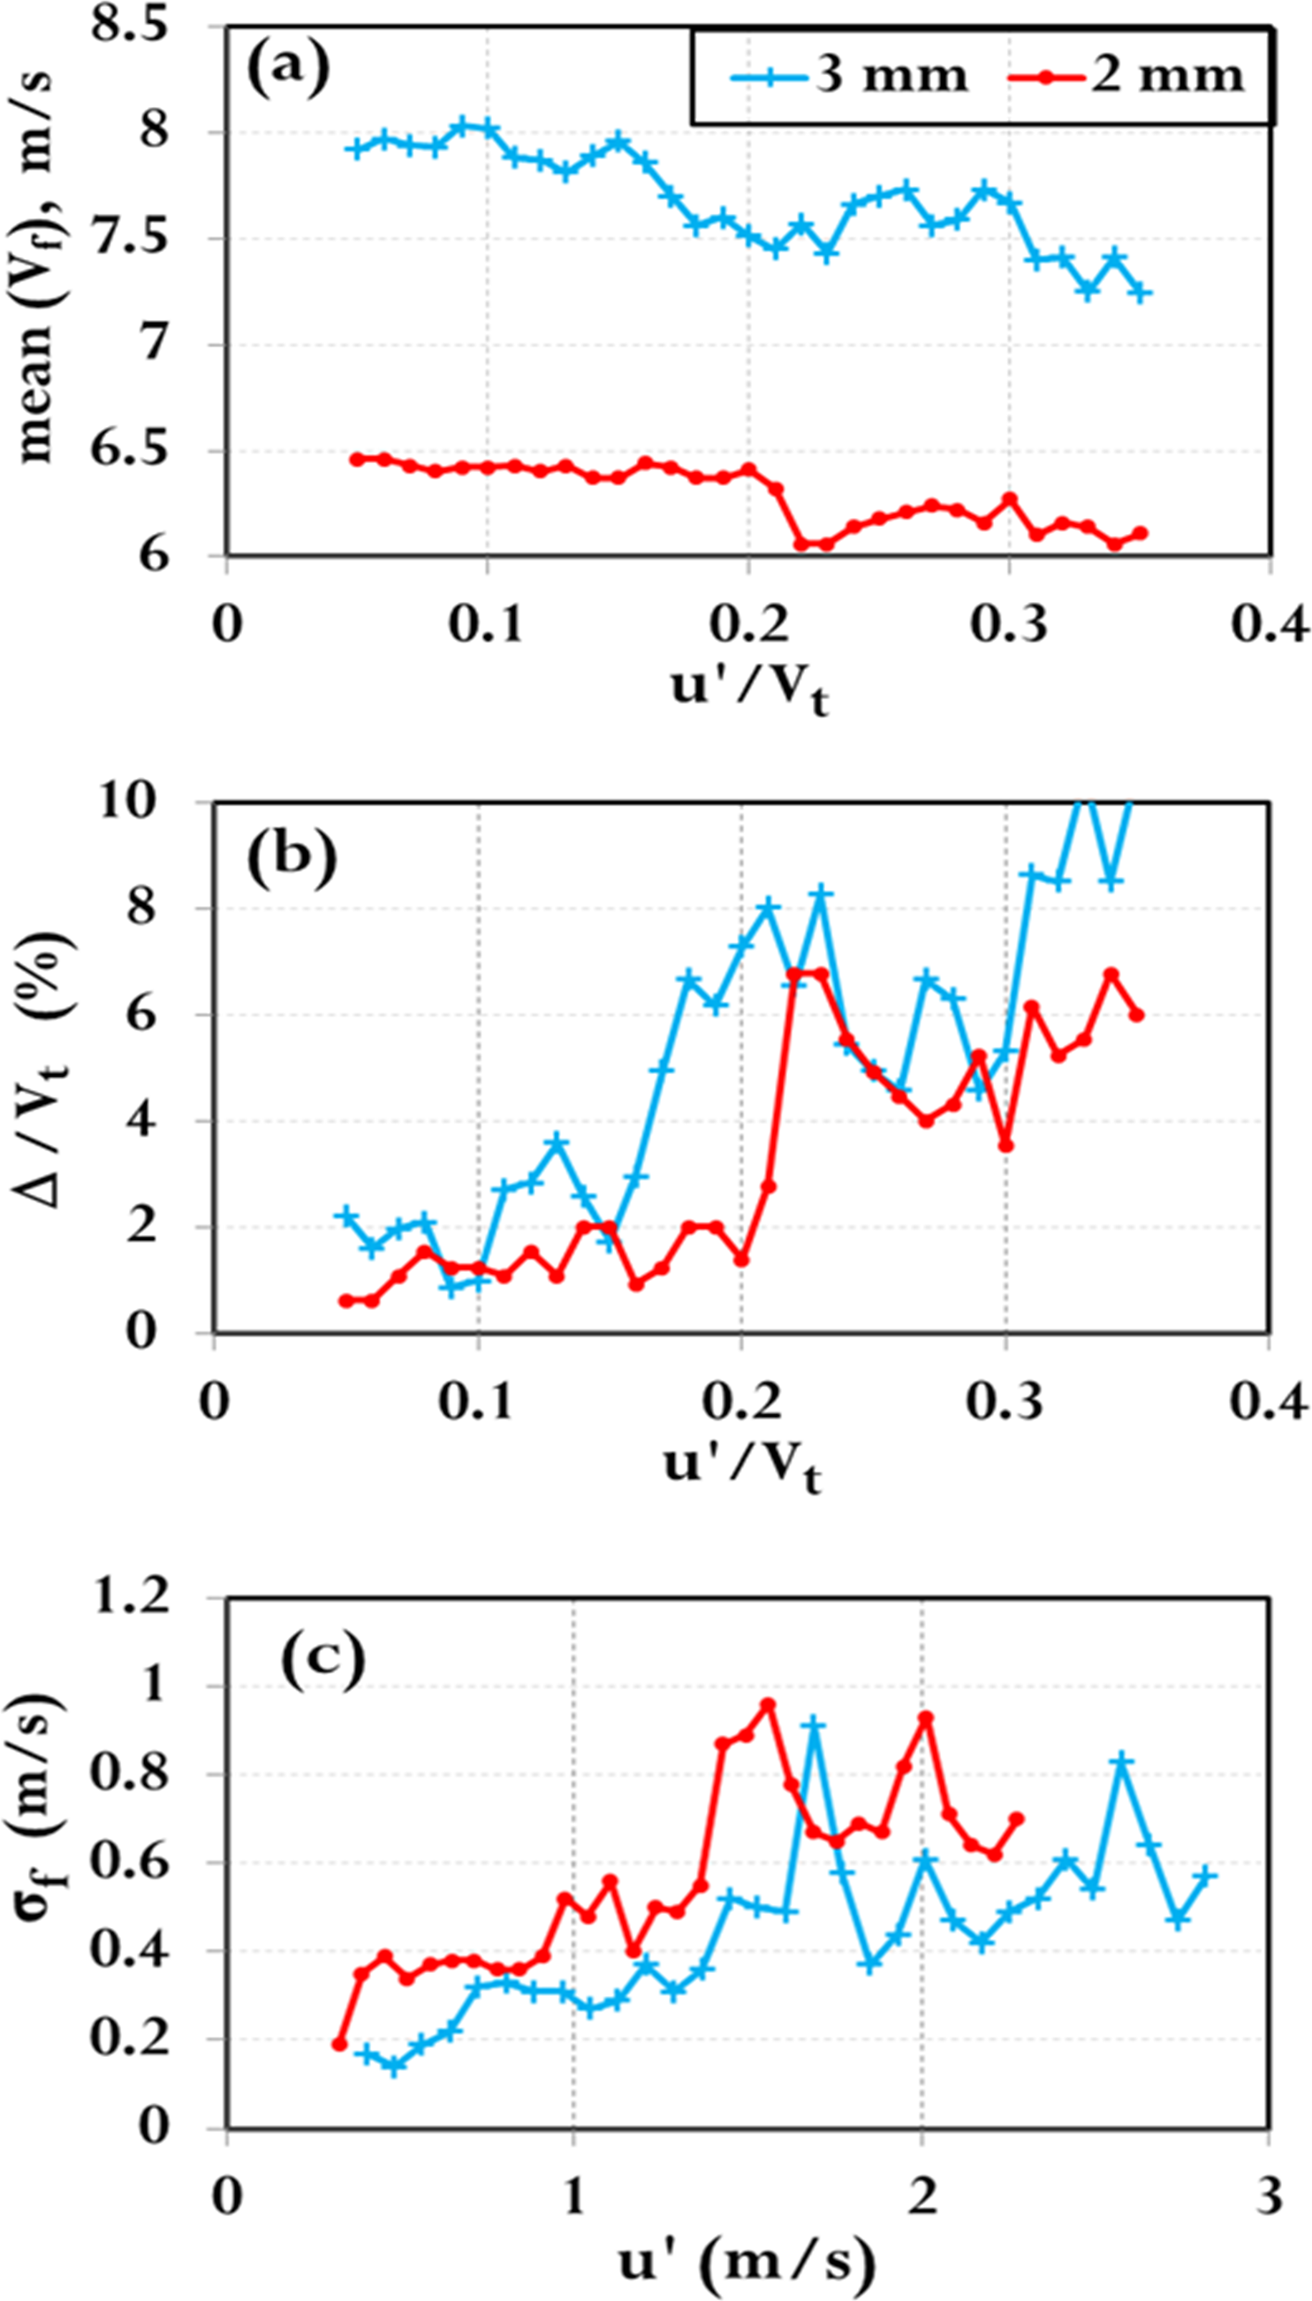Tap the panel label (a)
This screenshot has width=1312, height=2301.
coord(288,73)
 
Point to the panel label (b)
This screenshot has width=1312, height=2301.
coord(291,857)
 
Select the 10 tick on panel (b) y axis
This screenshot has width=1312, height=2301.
coord(135,801)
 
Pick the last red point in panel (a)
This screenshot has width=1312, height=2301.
coord(1141,534)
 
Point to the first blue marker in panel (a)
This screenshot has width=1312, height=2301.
coord(358,149)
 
